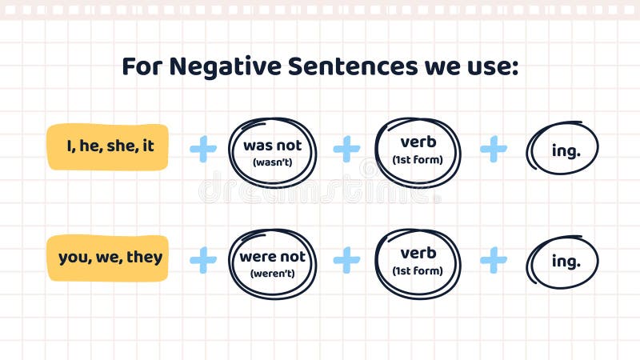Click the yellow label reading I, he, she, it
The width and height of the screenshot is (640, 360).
[x=108, y=146]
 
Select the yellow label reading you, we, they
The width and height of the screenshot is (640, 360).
[x=108, y=258]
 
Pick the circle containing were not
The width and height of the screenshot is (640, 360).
[x=273, y=263]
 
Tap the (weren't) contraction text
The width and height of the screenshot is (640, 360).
[x=273, y=273]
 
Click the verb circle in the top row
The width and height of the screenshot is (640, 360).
[x=418, y=151]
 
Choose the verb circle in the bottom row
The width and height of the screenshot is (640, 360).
[x=418, y=262]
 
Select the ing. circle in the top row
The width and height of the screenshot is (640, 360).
[x=563, y=151]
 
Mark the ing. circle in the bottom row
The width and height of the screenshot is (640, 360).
[x=563, y=262]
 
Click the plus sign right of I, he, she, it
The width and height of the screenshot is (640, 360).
[x=203, y=149]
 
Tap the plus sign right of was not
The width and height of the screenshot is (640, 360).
[x=346, y=149]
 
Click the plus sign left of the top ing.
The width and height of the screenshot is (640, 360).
[x=494, y=149]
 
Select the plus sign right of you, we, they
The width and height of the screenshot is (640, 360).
[x=203, y=259]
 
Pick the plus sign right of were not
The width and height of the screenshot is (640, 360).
[x=346, y=259]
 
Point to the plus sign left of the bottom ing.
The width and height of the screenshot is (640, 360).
[x=494, y=259]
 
